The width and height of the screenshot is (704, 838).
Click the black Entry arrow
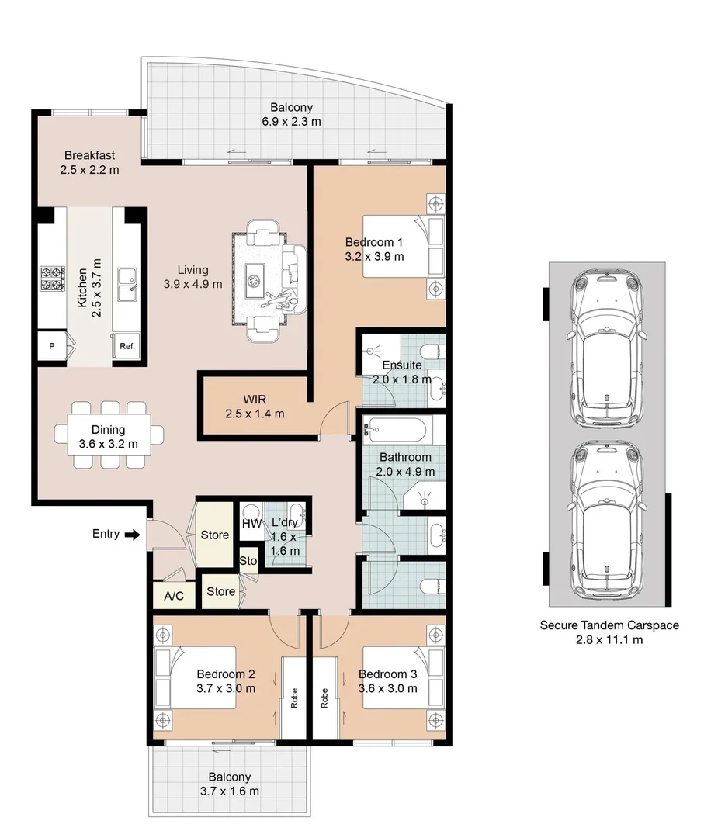coord(132,535)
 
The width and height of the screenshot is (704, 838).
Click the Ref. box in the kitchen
coord(127,347)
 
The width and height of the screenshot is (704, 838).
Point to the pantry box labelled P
coord(52,347)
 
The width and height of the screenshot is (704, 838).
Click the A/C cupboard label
coord(174,596)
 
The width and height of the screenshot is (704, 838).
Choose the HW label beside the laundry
coord(251,525)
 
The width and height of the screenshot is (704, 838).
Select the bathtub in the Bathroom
coord(396,429)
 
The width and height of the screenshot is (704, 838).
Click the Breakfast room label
coord(90,155)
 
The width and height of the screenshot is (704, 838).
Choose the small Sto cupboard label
coord(248,561)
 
